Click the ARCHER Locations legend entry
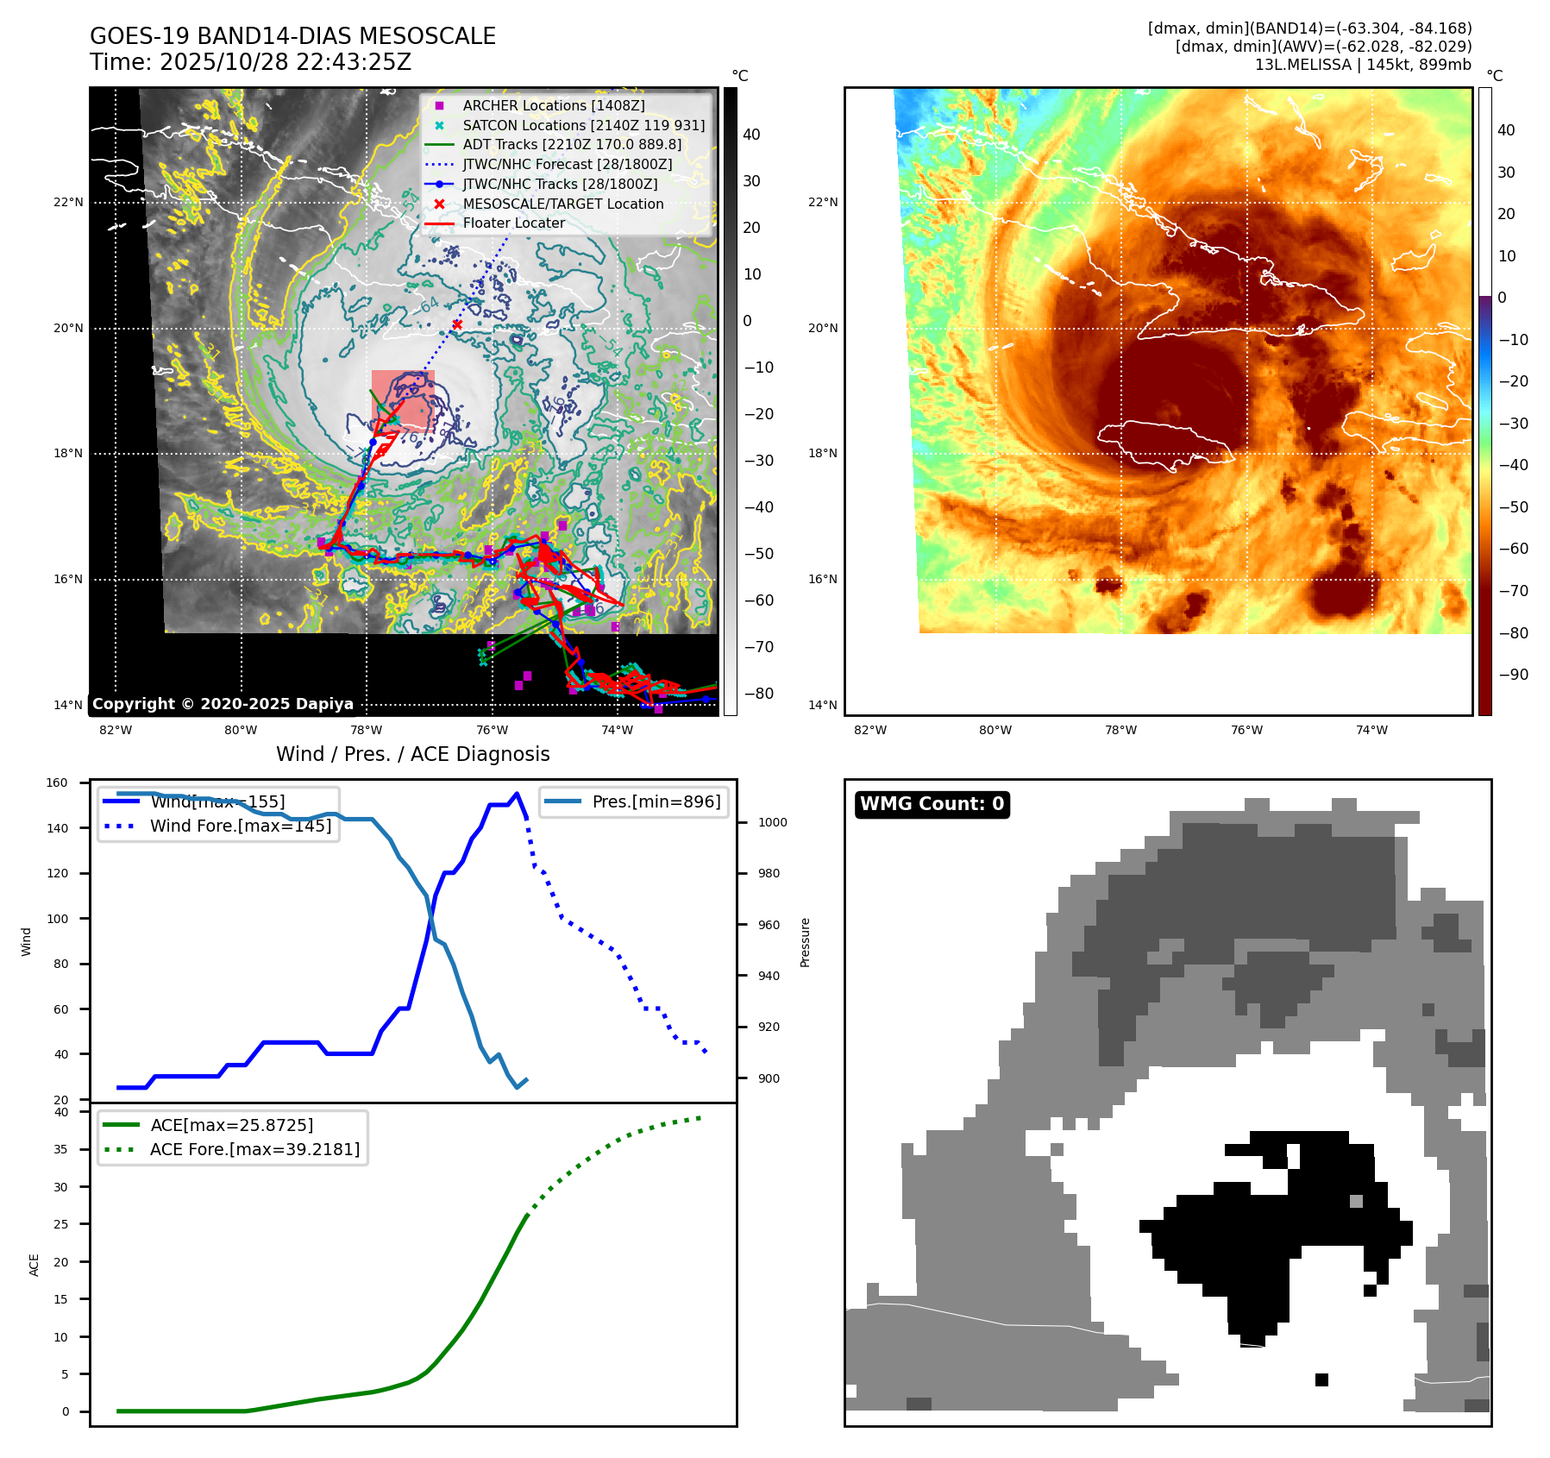click(553, 105)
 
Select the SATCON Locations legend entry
click(583, 125)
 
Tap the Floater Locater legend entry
click(513, 223)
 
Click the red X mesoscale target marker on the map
click(457, 324)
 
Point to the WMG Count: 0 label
click(932, 804)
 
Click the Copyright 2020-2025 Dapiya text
click(223, 704)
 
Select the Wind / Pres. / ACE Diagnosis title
click(412, 754)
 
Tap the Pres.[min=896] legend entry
click(656, 801)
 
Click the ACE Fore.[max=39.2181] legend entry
click(254, 1149)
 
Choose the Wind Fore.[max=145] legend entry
click(240, 826)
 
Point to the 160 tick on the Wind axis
click(57, 783)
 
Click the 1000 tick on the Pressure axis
click(772, 822)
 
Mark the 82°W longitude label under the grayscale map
click(116, 730)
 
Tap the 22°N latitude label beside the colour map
click(822, 203)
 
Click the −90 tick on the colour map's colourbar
click(1513, 675)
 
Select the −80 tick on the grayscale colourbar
click(759, 694)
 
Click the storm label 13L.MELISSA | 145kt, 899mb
click(1363, 65)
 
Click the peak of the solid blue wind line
click(517, 794)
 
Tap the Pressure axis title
click(805, 942)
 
